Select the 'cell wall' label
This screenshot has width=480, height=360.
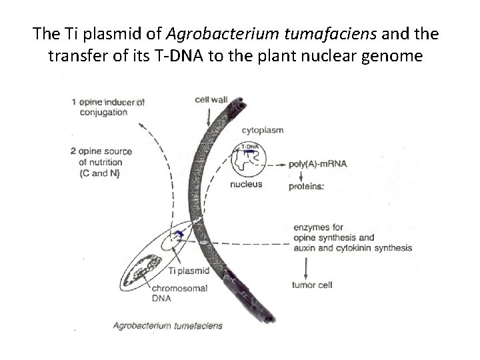(x=212, y=100)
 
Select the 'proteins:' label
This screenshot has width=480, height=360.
(x=307, y=187)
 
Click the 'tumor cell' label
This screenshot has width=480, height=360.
(x=312, y=285)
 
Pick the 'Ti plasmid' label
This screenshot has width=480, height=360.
(x=189, y=271)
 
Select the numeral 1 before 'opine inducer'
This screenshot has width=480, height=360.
(x=74, y=102)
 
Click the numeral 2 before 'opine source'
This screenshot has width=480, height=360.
(x=73, y=151)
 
